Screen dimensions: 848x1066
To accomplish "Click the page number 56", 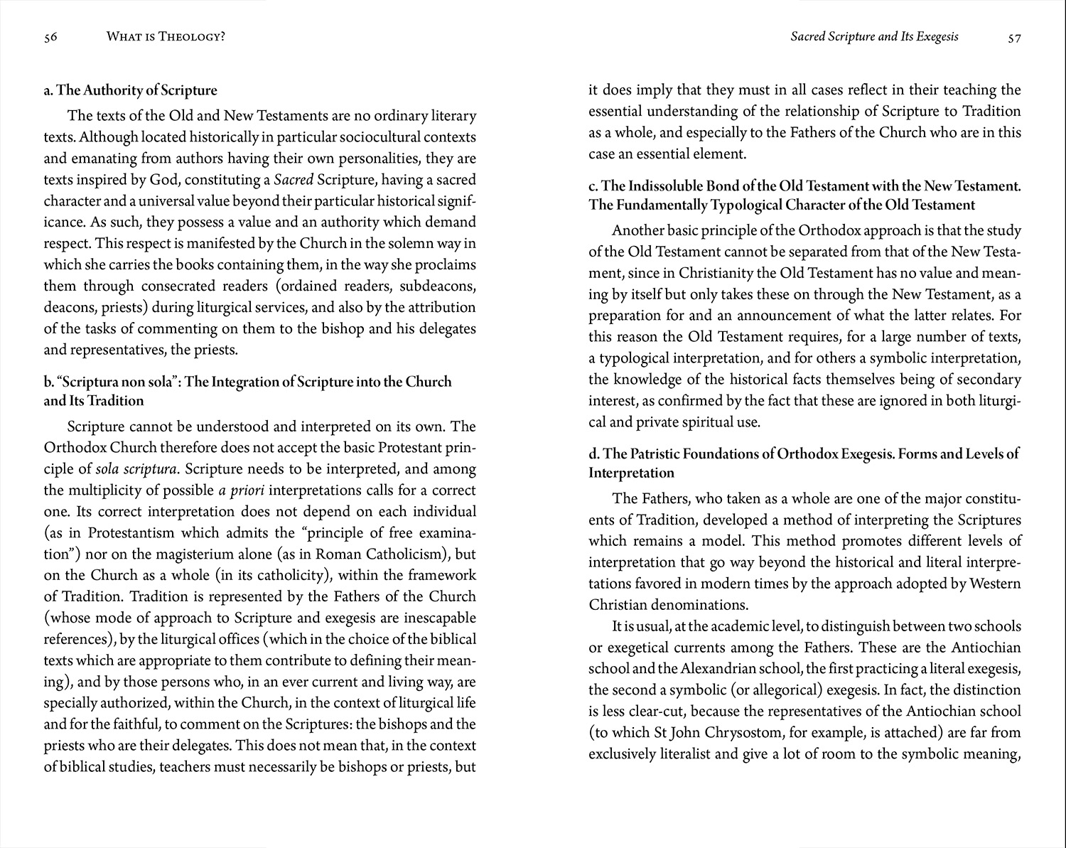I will tap(50, 38).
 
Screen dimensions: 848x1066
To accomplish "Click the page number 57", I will tap(1014, 38).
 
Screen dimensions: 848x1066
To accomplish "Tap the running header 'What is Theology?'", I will tap(166, 37).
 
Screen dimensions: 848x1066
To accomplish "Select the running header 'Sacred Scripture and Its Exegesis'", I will tap(874, 36).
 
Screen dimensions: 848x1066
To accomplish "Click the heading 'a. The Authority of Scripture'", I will tap(130, 90).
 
